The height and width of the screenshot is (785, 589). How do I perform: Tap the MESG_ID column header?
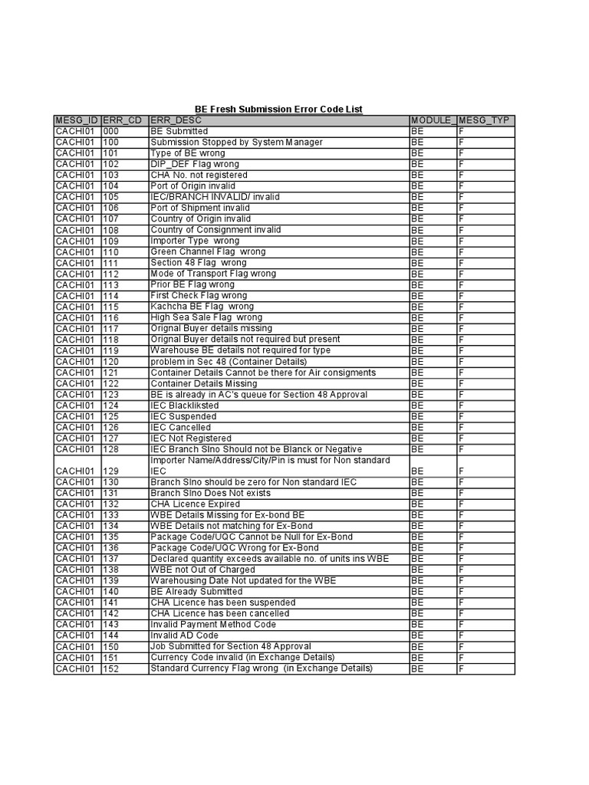coord(77,120)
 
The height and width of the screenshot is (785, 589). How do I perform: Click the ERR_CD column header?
coord(123,120)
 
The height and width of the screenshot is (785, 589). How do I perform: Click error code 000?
coord(110,131)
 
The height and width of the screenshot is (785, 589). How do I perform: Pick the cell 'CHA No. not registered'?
coord(199,175)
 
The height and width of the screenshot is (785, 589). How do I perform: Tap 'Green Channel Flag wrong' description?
coord(208,251)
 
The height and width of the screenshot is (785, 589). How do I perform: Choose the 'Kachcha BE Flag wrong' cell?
coord(201,306)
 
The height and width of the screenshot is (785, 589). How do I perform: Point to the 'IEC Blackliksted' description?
coord(185,405)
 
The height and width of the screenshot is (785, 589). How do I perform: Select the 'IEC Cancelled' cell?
coord(180,427)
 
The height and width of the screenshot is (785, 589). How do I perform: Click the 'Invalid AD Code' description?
coord(185,636)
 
